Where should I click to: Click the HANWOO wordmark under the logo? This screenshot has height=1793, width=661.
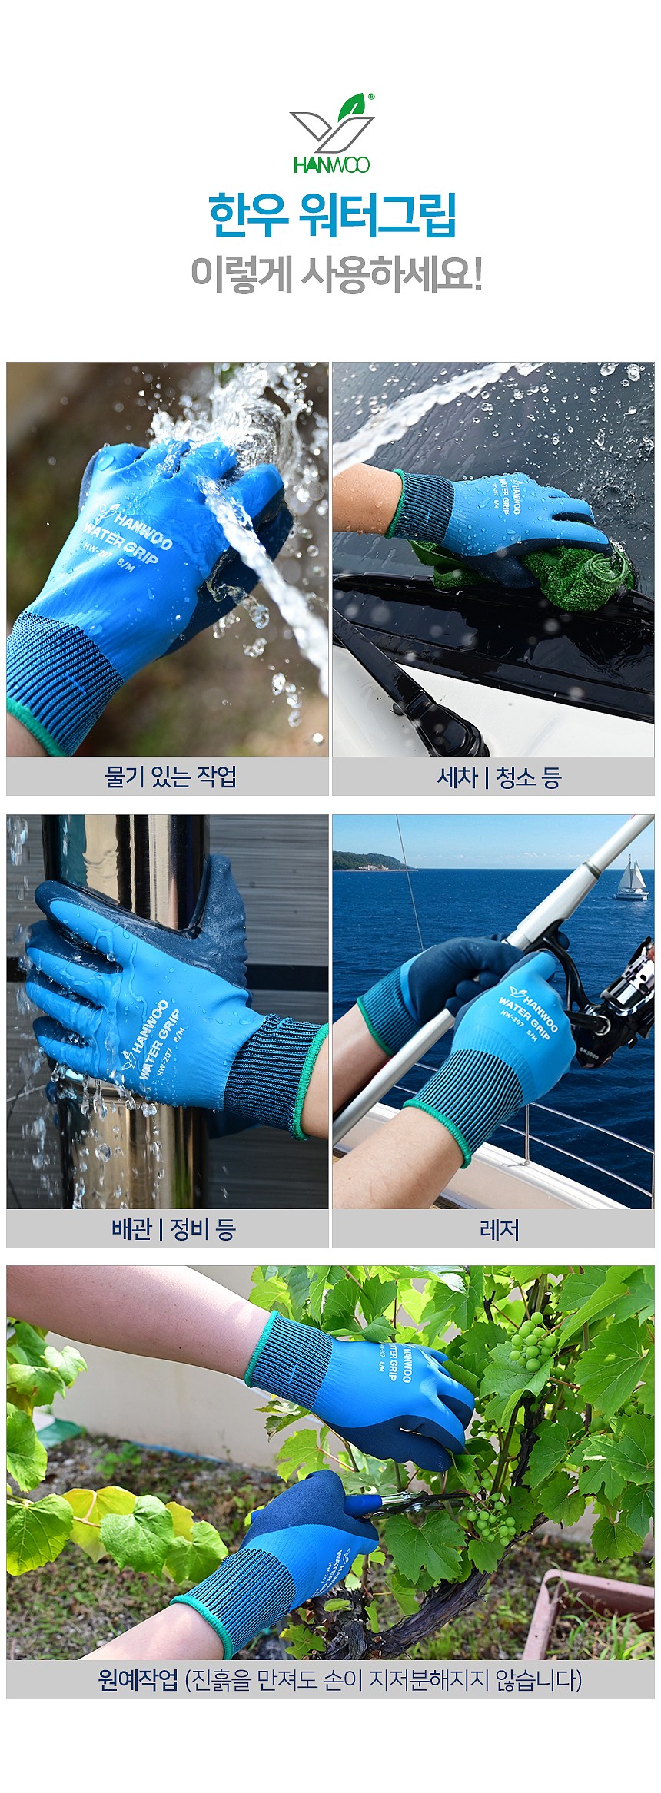331,165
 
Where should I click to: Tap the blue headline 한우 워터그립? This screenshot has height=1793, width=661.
332,217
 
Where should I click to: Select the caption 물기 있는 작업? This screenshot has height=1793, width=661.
170,777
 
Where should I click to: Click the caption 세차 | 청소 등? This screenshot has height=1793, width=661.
499,777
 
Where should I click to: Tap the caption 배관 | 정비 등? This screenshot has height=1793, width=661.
173,1229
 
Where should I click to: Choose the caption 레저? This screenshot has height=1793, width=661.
499,1230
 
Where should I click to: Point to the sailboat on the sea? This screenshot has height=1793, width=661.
631,880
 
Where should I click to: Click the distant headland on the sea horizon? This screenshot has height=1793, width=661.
369,863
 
